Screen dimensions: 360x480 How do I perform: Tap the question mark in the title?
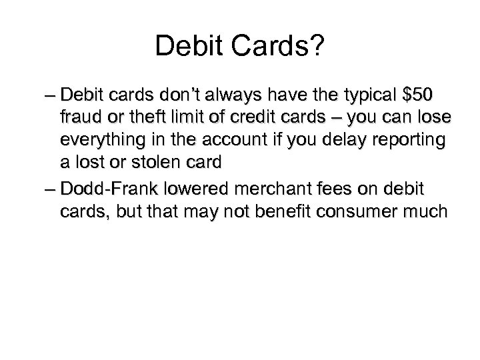point(317,47)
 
